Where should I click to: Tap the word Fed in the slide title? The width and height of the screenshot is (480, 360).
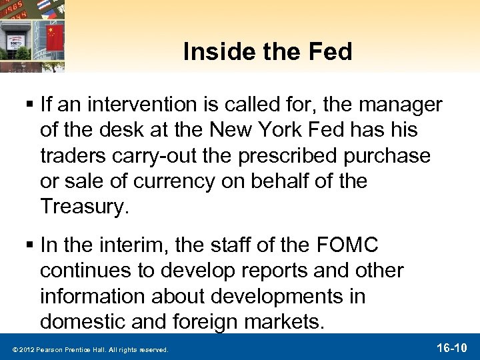pyautogui.click(x=328, y=52)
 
